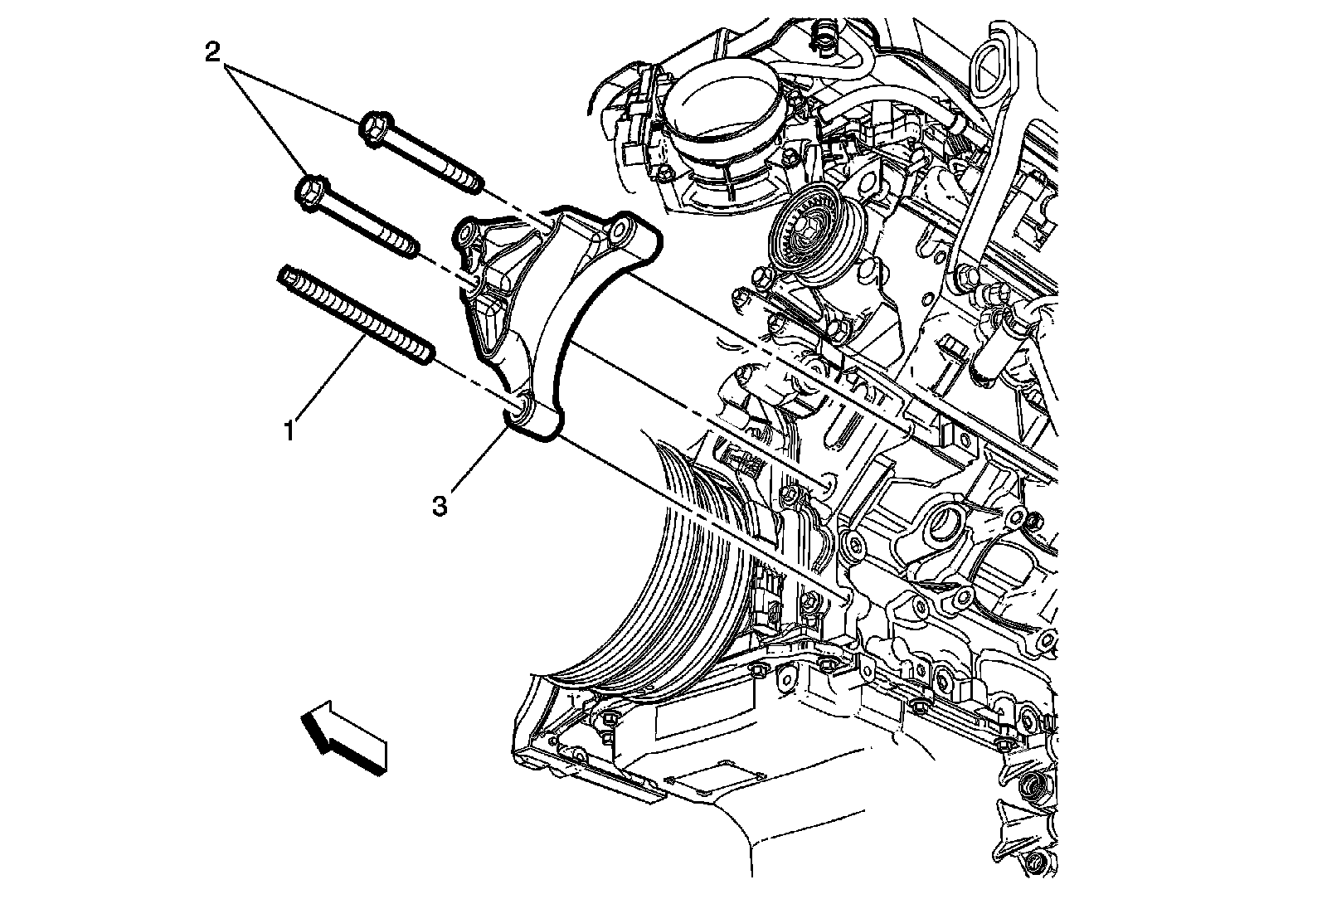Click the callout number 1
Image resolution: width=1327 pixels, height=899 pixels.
click(x=289, y=430)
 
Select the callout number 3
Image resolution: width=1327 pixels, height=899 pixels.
click(x=440, y=504)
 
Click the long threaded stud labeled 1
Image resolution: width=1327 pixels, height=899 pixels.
click(x=357, y=316)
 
